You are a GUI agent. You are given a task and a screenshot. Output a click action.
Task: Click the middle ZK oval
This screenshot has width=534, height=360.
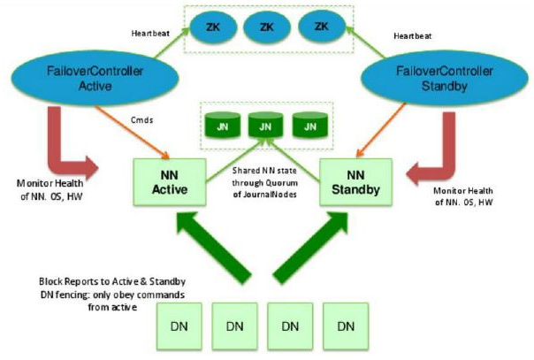[266, 27]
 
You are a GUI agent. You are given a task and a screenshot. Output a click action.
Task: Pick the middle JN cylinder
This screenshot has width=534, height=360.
[266, 126]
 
